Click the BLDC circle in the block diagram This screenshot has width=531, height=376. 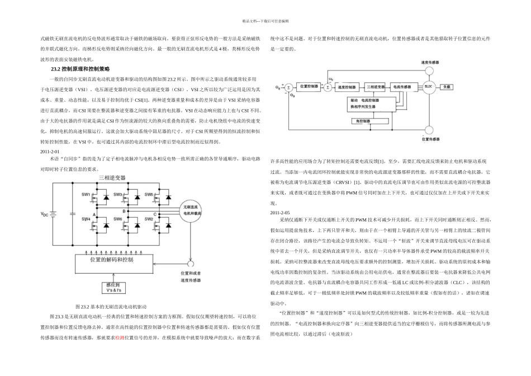pyautogui.click(x=429, y=87)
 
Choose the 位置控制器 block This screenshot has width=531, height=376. pyautogui.click(x=307, y=87)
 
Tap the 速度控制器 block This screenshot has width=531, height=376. pyautogui.click(x=347, y=88)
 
